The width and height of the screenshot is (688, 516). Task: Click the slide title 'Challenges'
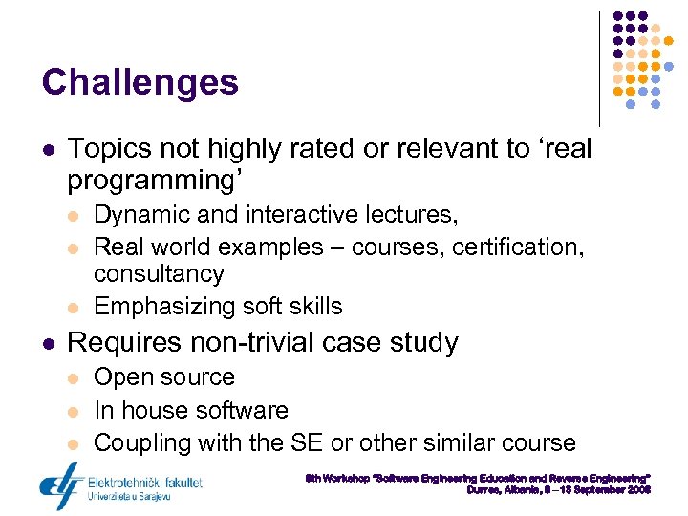[140, 82]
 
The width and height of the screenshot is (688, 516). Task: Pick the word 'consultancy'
[158, 274]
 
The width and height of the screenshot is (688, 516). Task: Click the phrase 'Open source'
[163, 377]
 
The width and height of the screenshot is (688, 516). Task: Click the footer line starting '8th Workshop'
[478, 476]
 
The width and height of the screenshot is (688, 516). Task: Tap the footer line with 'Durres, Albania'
[558, 489]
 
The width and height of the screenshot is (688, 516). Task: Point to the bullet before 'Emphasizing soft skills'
[75, 307]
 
